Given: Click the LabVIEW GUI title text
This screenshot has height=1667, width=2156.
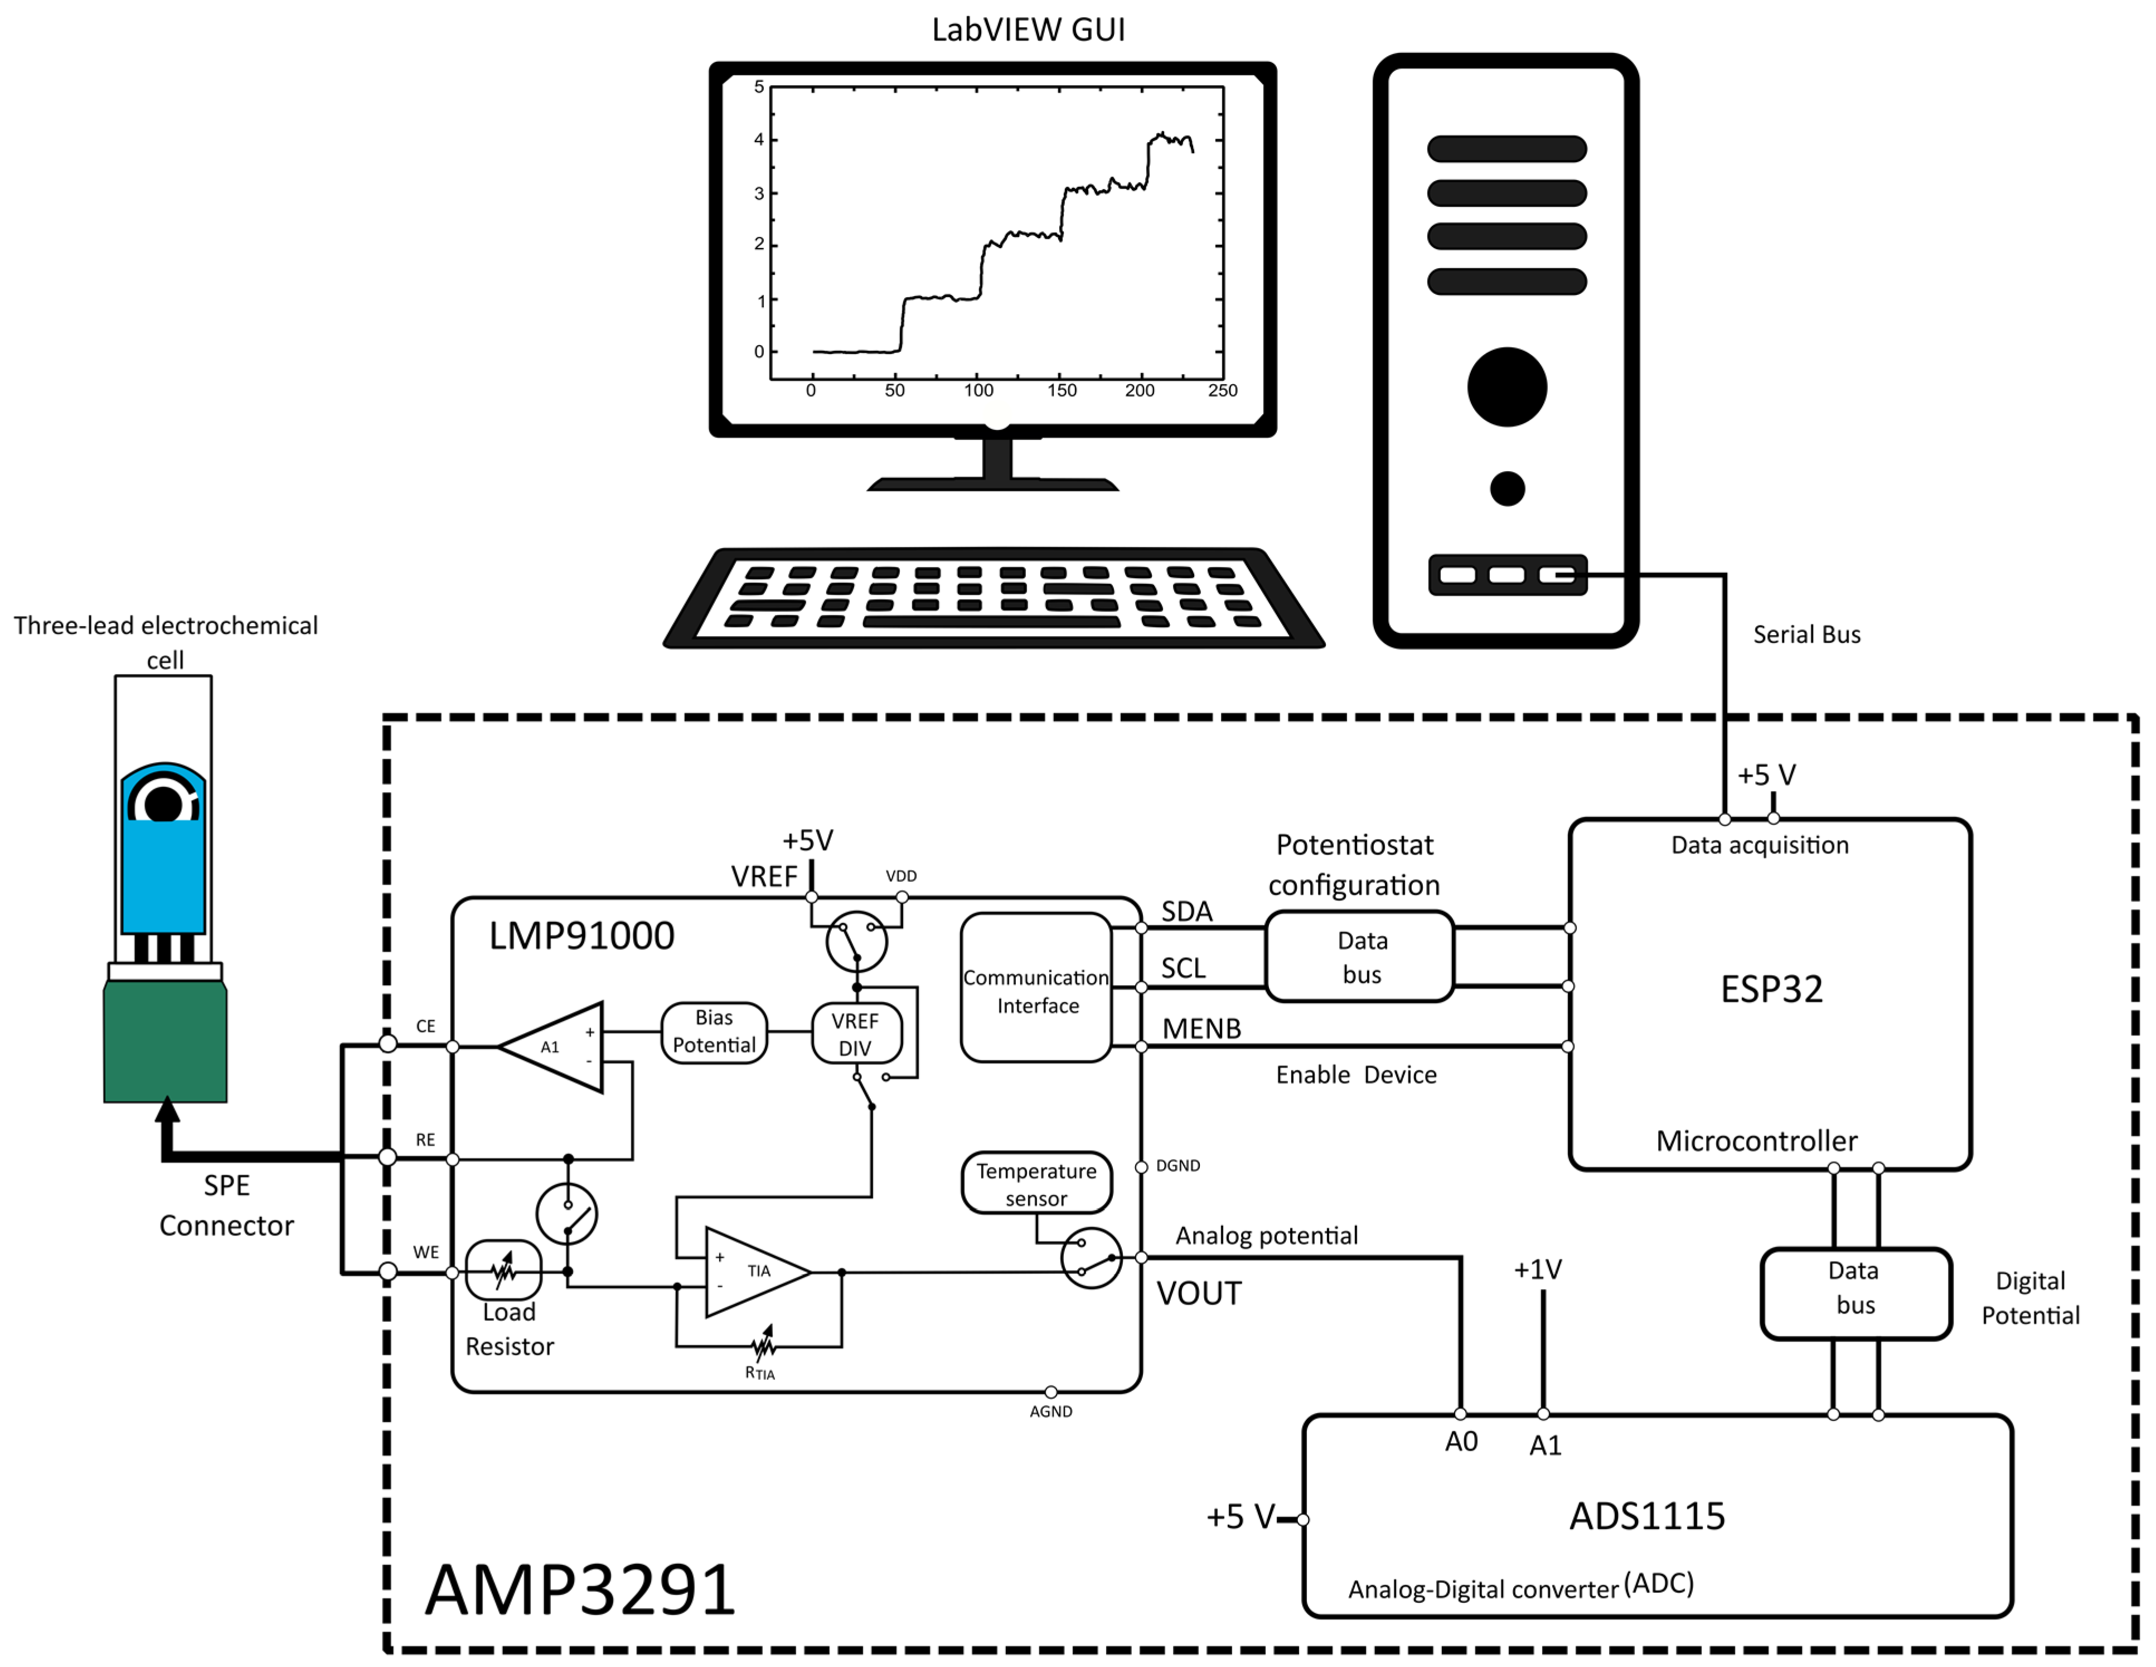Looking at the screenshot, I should [1028, 30].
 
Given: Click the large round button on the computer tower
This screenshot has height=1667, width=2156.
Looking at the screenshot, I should [1506, 387].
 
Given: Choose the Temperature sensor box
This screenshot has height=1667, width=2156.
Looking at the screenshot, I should [1035, 1184].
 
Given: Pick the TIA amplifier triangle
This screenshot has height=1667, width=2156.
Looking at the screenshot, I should [750, 1272].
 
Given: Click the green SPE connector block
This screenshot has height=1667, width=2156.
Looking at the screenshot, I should [165, 1042].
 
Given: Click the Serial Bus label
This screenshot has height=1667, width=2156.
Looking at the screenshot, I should [1805, 634].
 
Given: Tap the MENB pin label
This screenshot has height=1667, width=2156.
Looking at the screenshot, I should [1200, 1029].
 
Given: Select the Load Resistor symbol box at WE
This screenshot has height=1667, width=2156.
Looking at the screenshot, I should [503, 1270].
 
